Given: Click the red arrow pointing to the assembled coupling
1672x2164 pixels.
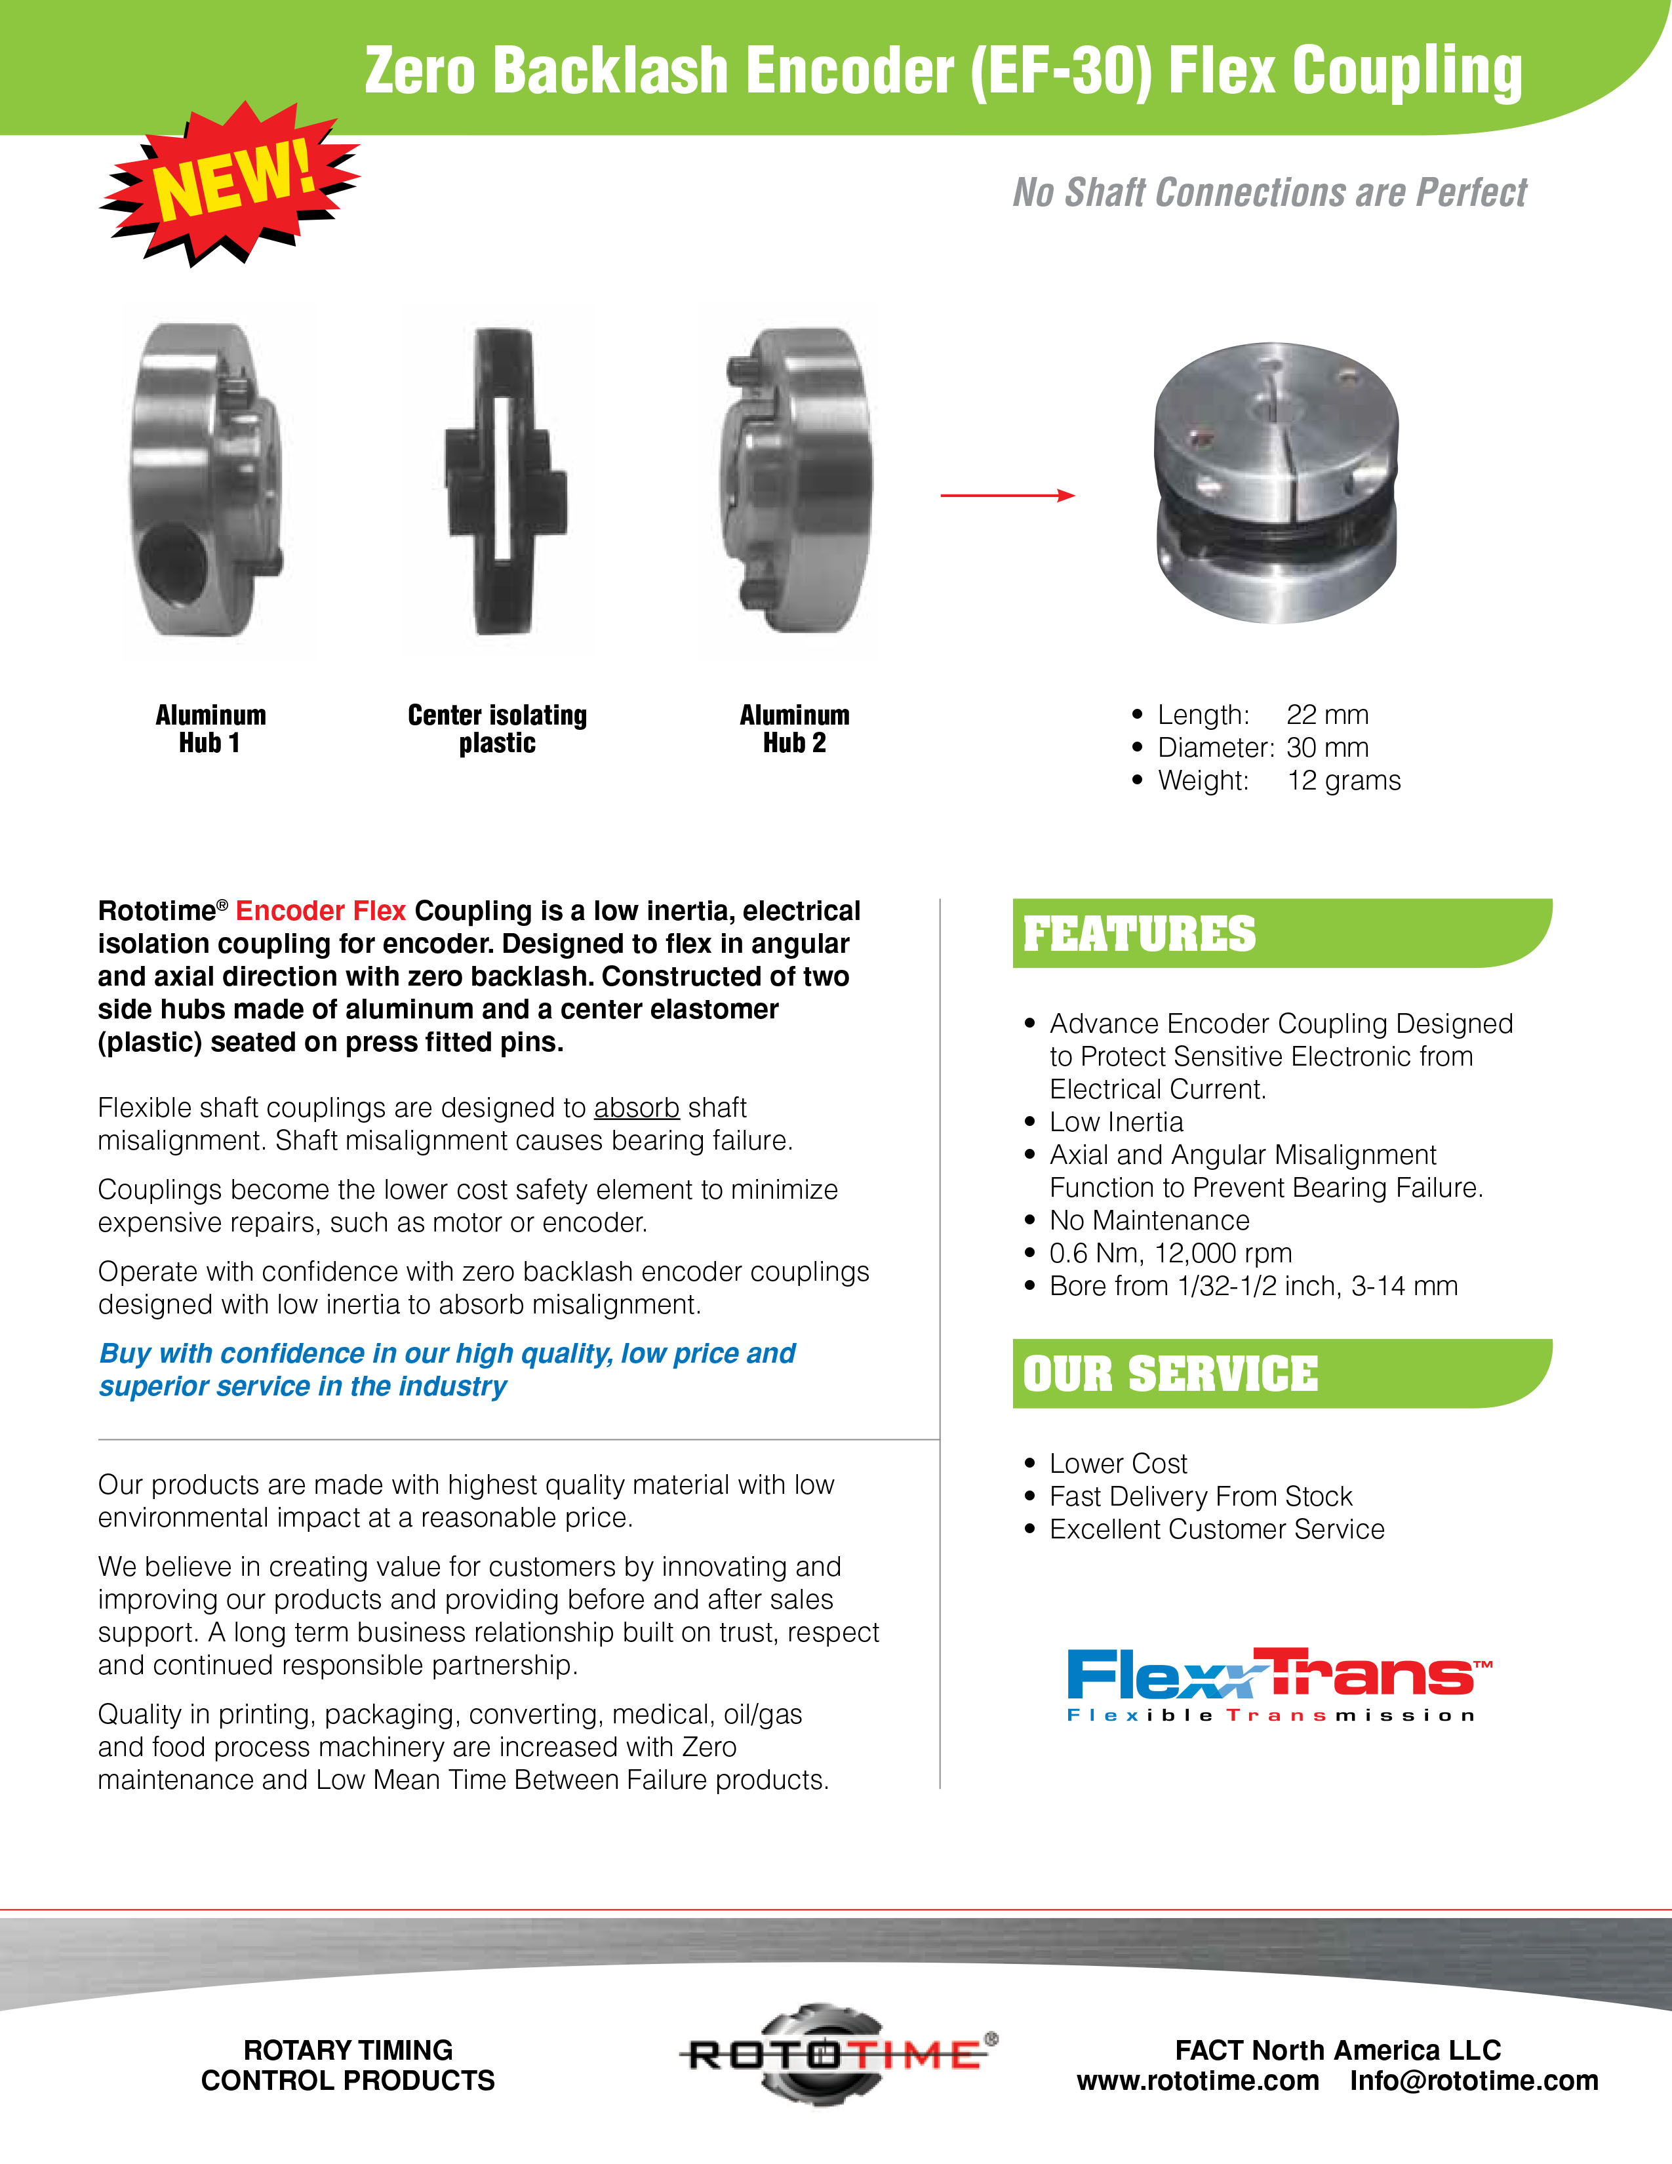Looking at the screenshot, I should pyautogui.click(x=1006, y=494).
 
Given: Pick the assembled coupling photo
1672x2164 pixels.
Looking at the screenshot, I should pyautogui.click(x=1276, y=483).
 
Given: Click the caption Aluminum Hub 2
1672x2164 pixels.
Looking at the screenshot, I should pyautogui.click(x=795, y=729).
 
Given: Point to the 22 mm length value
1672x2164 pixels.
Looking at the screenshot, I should pyautogui.click(x=1327, y=714).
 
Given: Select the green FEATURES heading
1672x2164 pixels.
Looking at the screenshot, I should pyautogui.click(x=1139, y=933).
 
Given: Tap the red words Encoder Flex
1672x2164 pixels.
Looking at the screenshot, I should pyautogui.click(x=320, y=911).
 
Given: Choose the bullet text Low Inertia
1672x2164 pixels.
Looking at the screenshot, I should pyautogui.click(x=1117, y=1121).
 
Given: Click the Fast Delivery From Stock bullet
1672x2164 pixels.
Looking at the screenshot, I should pyautogui.click(x=1201, y=1496).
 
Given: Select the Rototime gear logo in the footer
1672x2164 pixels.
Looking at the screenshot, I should pyautogui.click(x=837, y=2053).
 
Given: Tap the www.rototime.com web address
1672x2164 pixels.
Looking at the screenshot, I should pyautogui.click(x=1197, y=2081).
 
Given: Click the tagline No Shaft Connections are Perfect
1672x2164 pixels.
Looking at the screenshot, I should pyautogui.click(x=1269, y=192).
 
